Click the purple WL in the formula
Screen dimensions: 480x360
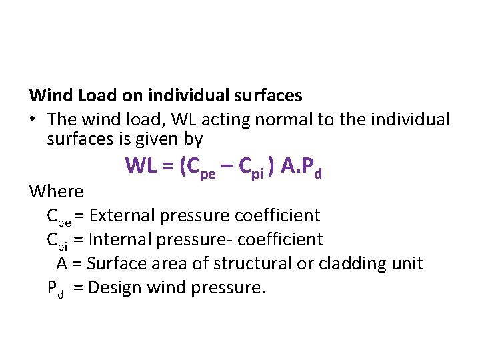point(141,166)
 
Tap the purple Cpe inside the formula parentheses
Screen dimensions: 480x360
point(198,168)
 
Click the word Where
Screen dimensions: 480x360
point(56,192)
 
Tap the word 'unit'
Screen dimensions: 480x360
point(407,264)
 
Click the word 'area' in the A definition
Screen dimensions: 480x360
point(170,264)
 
